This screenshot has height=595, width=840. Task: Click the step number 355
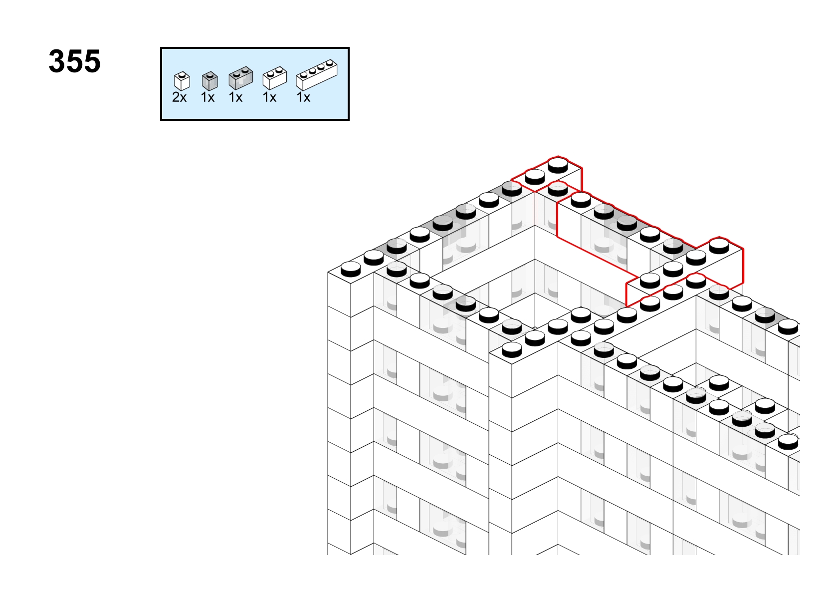tap(75, 61)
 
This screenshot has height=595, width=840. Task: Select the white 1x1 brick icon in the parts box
tap(182, 81)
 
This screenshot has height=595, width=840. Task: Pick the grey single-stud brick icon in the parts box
tap(210, 81)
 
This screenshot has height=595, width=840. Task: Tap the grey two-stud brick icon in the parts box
tap(241, 78)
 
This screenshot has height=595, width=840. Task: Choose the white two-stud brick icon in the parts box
tap(275, 78)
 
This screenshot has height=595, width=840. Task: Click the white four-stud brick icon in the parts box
tap(317, 75)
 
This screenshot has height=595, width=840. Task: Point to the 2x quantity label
tap(179, 97)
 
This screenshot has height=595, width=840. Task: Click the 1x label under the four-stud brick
tap(303, 97)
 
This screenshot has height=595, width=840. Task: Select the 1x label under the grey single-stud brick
tap(208, 97)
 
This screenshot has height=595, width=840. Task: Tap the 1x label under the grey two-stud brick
tap(235, 97)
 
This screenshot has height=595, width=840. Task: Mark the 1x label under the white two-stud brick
tap(269, 97)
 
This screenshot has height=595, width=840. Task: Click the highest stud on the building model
tap(558, 165)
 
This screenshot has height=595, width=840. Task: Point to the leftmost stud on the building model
tap(351, 269)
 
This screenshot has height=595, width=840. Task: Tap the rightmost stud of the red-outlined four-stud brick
tap(719, 246)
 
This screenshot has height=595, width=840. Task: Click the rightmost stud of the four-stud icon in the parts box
tap(329, 63)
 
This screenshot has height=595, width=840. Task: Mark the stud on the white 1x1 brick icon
tap(182, 75)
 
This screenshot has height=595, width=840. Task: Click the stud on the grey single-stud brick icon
tap(210, 74)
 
